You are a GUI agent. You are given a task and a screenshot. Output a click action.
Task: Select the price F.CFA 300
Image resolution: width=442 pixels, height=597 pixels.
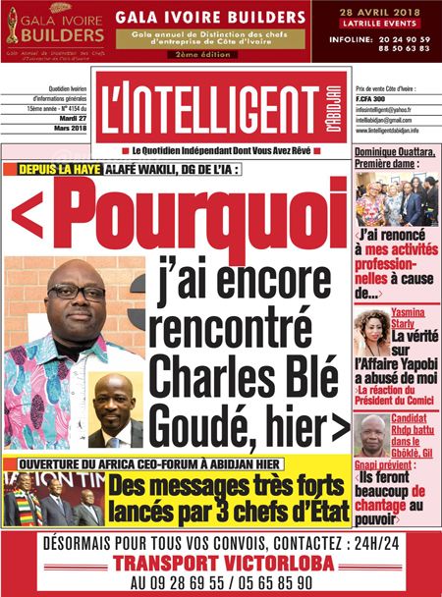[x=374, y=100]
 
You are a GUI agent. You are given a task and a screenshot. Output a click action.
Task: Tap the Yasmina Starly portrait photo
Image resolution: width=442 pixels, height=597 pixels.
[x=372, y=335]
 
